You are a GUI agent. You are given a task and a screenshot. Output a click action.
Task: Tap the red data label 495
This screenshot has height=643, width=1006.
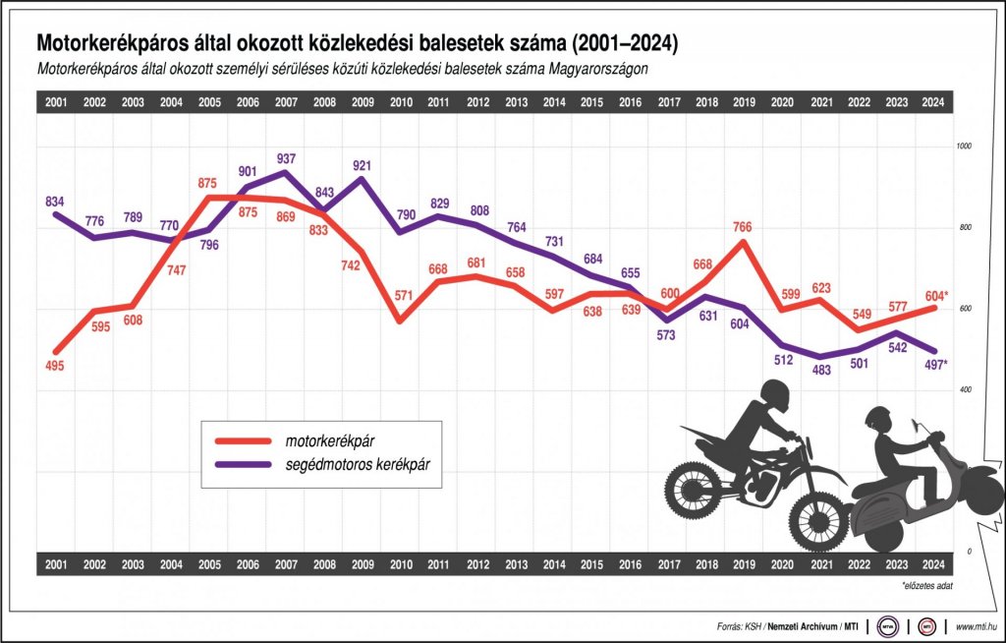(x=55, y=367)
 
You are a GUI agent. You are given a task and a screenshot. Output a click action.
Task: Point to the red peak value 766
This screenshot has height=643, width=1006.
(x=742, y=227)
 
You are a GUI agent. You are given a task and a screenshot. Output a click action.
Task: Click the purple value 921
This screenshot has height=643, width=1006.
(x=363, y=163)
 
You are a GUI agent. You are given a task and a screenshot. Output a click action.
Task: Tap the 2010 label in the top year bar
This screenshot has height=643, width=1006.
(x=402, y=101)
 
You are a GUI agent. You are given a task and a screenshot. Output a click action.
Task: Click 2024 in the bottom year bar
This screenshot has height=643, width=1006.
(x=934, y=564)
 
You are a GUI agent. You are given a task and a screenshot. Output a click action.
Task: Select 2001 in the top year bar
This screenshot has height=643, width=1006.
(x=56, y=101)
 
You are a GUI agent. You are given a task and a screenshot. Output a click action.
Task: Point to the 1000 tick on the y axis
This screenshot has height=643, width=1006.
(x=963, y=146)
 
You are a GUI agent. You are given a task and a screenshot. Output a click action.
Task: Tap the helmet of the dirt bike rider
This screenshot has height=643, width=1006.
(x=775, y=395)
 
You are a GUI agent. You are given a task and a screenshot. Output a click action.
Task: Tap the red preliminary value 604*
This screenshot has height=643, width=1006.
(x=934, y=295)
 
